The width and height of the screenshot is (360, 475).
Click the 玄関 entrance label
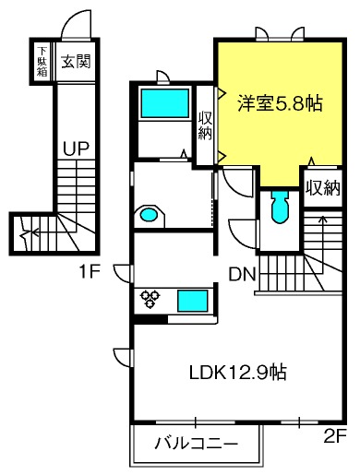click(x=76, y=61)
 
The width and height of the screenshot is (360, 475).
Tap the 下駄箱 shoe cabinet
click(x=42, y=61)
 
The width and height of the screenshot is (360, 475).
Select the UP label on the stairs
click(x=76, y=149)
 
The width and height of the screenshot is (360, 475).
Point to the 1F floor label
click(x=90, y=272)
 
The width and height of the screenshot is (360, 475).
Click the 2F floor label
click(x=335, y=436)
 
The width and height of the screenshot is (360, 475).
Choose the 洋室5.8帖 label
click(x=280, y=103)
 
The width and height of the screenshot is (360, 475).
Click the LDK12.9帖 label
click(x=237, y=373)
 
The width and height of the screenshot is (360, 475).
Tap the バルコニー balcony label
click(x=196, y=444)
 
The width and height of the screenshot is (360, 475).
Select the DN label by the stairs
click(x=243, y=274)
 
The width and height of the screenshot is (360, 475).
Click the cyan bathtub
click(x=164, y=103)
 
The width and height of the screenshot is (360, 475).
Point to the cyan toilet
click(x=280, y=207)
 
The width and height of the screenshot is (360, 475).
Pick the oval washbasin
click(x=149, y=214)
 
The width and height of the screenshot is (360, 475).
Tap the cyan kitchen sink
click(x=192, y=302)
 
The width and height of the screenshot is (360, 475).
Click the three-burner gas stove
click(x=150, y=299)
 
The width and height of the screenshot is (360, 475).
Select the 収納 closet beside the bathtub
click(x=205, y=125)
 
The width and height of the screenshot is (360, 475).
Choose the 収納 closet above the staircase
click(x=323, y=188)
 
